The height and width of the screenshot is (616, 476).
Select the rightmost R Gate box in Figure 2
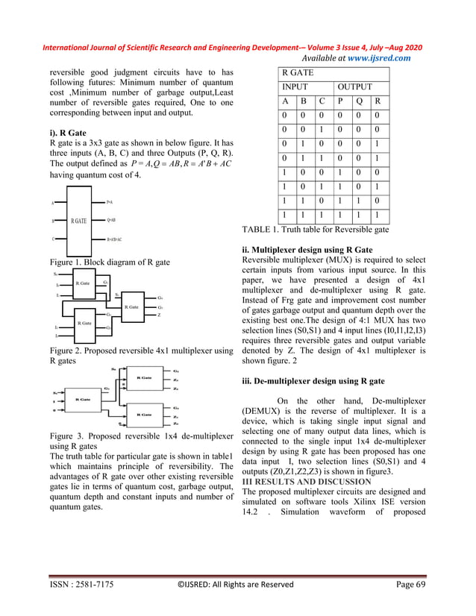[x=132, y=307]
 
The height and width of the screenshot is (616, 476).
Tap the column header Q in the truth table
[x=360, y=101]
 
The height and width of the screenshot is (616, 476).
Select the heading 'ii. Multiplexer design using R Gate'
[x=307, y=249]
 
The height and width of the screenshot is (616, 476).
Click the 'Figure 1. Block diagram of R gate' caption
[x=108, y=263]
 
